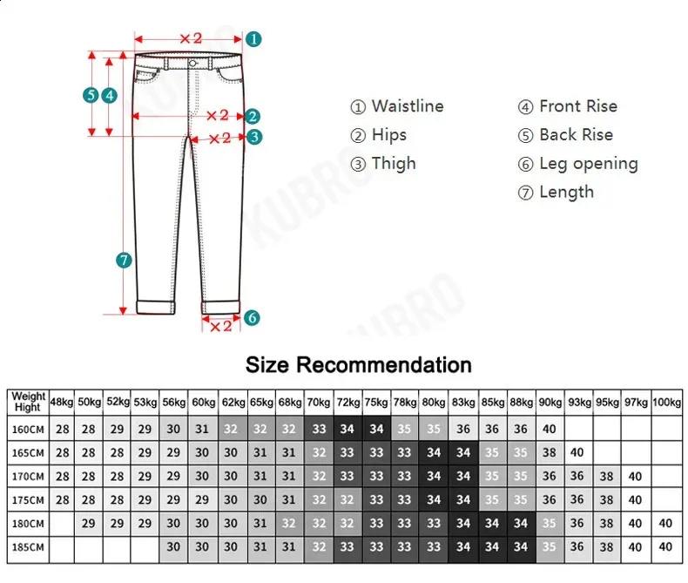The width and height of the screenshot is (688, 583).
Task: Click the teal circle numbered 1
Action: (253, 39)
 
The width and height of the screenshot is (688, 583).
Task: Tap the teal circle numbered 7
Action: (124, 261)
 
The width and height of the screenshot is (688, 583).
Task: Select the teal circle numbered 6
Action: (252, 317)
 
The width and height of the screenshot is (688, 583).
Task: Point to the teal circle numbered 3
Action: (254, 137)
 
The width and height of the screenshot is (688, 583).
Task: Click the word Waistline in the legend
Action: (408, 106)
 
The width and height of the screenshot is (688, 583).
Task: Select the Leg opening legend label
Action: (589, 164)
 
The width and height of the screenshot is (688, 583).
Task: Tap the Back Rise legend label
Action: (577, 135)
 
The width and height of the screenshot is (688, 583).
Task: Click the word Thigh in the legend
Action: (394, 164)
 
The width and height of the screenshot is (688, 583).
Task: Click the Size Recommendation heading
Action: (359, 365)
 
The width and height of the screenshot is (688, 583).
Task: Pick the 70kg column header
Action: (319, 402)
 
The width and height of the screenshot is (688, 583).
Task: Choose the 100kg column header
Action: (666, 402)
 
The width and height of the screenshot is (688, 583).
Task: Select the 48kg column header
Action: (62, 402)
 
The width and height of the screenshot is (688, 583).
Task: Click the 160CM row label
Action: (28, 430)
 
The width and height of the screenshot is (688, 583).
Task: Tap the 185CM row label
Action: (28, 547)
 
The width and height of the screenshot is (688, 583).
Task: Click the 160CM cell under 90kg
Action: (550, 429)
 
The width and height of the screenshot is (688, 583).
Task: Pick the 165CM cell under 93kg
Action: (577, 452)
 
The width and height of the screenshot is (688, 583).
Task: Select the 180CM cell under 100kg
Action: (665, 523)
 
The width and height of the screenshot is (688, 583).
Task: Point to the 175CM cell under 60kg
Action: (202, 499)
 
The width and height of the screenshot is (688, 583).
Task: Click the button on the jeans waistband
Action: (192, 64)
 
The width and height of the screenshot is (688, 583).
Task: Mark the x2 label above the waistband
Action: (191, 38)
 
